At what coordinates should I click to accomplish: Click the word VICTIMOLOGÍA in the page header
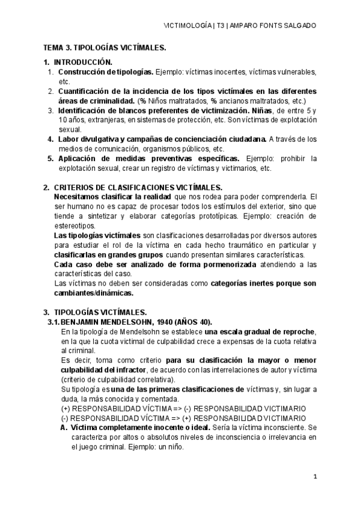pyautogui.click(x=186, y=26)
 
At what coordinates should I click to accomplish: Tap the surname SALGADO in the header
pyautogui.click(x=299, y=26)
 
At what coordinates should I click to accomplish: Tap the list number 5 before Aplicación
pyautogui.click(x=50, y=159)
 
